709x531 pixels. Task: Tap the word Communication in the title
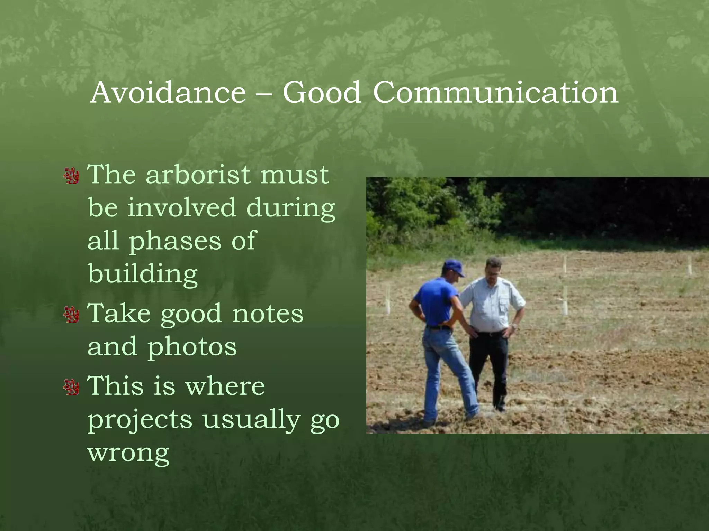click(x=495, y=92)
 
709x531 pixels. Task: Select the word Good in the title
click(x=322, y=92)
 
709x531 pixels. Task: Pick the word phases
click(x=175, y=241)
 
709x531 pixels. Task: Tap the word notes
click(x=268, y=314)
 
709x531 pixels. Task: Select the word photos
click(x=192, y=347)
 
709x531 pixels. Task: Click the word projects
click(x=140, y=420)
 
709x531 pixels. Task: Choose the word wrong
click(x=128, y=452)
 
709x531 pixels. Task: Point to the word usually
click(x=252, y=420)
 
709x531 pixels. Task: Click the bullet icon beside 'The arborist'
click(x=72, y=176)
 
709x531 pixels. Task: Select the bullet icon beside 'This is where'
click(x=72, y=387)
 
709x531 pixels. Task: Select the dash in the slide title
click(x=264, y=93)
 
